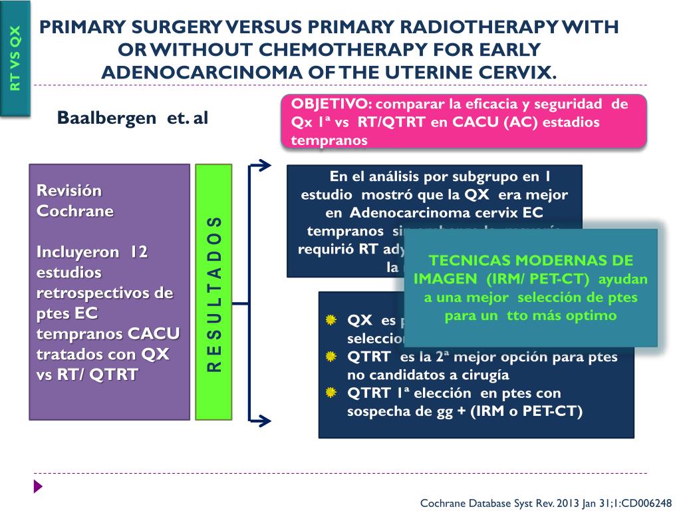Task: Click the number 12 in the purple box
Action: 138,252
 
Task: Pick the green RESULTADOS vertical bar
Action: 213,293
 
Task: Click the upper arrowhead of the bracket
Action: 265,165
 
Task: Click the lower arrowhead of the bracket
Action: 265,421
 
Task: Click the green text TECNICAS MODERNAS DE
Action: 530,261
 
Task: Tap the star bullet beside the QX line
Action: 331,321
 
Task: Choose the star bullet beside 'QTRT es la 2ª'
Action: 331,357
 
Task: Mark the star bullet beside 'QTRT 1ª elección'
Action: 331,393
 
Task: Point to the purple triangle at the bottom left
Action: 38,486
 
